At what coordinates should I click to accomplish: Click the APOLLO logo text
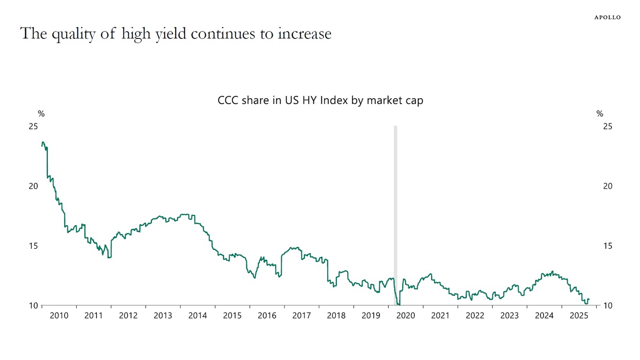pyautogui.click(x=607, y=17)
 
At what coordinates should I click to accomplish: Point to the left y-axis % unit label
pyautogui.click(x=41, y=114)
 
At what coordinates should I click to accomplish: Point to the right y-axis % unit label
pyautogui.click(x=600, y=114)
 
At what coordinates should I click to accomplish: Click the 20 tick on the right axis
pyautogui.click(x=608, y=186)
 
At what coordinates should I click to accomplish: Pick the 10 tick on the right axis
pyautogui.click(x=608, y=306)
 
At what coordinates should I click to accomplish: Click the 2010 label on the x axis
pyautogui.click(x=59, y=316)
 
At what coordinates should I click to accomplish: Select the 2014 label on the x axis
pyautogui.click(x=197, y=316)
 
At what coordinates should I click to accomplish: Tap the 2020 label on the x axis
pyautogui.click(x=405, y=316)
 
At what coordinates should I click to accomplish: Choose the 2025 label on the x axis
pyautogui.click(x=579, y=316)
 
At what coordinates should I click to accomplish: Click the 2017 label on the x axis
pyautogui.click(x=301, y=316)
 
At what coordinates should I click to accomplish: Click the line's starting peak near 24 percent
pyautogui.click(x=43, y=142)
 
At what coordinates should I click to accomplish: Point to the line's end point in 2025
pyautogui.click(x=589, y=300)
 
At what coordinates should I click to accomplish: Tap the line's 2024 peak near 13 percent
pyautogui.click(x=553, y=271)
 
